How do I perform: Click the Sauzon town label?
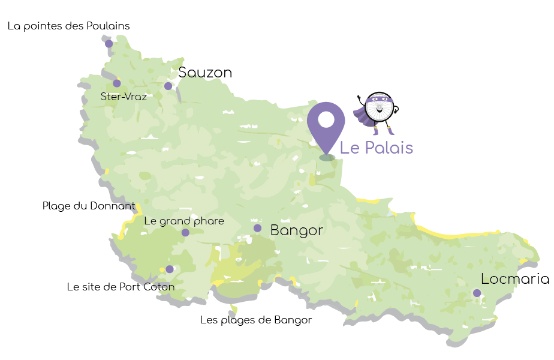(x=205, y=73)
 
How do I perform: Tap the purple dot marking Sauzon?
(x=168, y=86)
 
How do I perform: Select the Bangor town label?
(x=297, y=230)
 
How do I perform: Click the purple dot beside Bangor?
(x=257, y=228)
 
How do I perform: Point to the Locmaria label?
(x=515, y=279)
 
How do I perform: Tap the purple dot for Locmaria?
(x=477, y=293)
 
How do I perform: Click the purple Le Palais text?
(x=377, y=147)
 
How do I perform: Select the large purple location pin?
(x=326, y=123)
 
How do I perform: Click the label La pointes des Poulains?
(x=68, y=26)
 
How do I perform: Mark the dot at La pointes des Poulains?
(x=109, y=43)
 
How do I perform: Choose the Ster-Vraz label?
(x=124, y=96)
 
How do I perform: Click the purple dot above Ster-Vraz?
(x=117, y=83)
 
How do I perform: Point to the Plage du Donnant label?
(x=89, y=206)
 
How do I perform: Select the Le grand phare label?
(x=184, y=221)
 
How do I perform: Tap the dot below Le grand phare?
(x=185, y=232)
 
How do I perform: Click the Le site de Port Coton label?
(x=121, y=287)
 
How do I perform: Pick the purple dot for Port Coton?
(x=170, y=269)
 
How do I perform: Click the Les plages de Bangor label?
(x=256, y=320)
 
